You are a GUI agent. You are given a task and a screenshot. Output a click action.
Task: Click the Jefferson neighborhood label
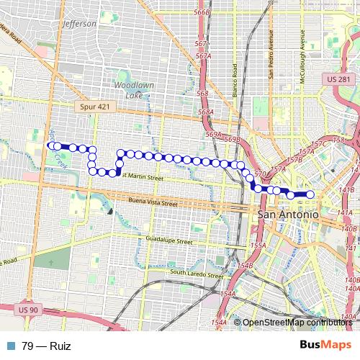point(79,23)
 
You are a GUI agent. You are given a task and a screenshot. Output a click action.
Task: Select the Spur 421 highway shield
point(90,106)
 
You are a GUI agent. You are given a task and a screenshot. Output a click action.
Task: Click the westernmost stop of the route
point(51,146)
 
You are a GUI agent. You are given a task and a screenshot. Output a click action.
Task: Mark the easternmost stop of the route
point(310,194)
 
